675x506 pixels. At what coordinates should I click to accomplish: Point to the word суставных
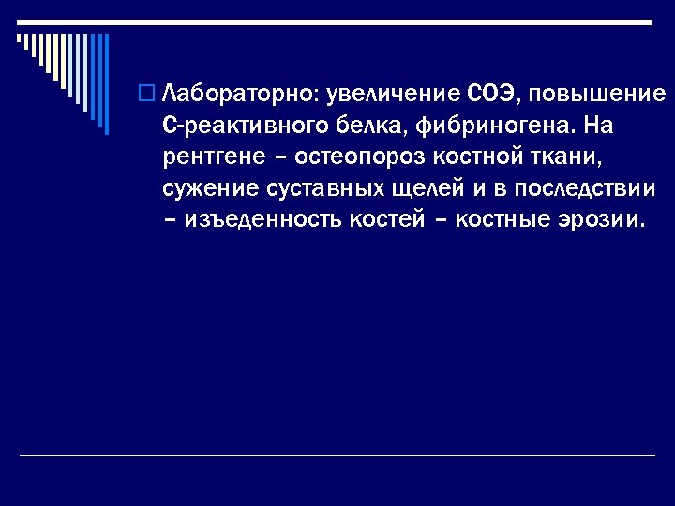click(316, 188)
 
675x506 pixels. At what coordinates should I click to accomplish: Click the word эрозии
click(602, 220)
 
